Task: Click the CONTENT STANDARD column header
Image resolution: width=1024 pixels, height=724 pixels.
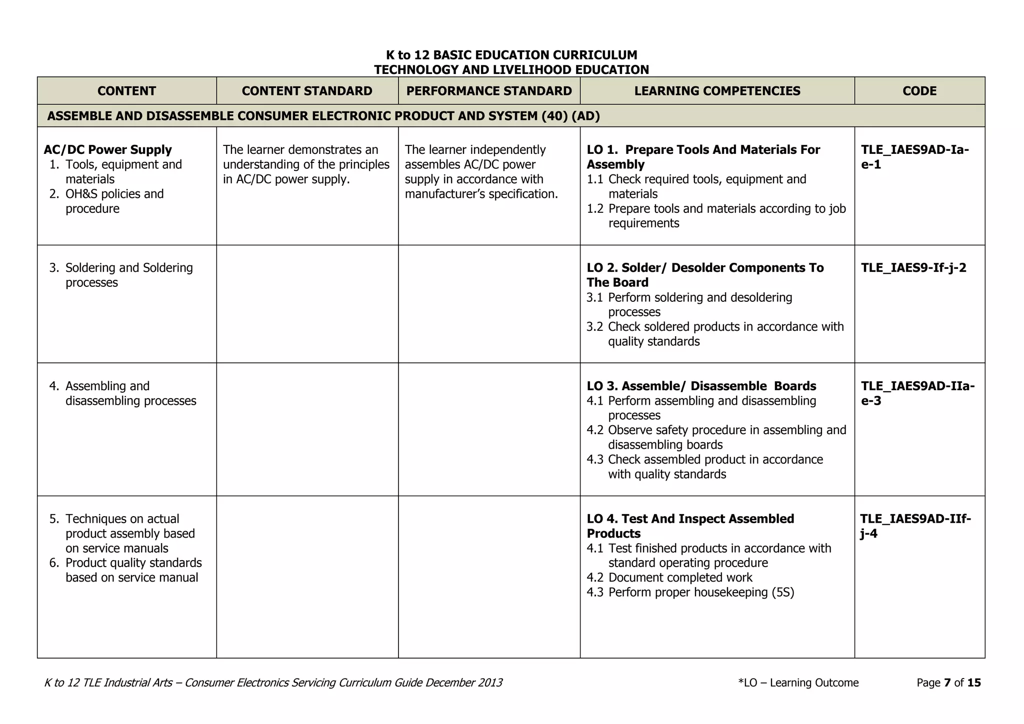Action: pyautogui.click(x=307, y=91)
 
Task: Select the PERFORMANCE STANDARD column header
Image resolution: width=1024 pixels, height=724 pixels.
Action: pyautogui.click(x=488, y=91)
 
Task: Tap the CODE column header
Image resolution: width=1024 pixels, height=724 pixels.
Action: pyautogui.click(x=919, y=91)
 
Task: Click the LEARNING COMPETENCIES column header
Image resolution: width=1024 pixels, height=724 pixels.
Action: pyautogui.click(x=717, y=91)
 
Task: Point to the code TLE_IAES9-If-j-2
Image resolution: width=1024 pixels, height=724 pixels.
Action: pyautogui.click(x=913, y=268)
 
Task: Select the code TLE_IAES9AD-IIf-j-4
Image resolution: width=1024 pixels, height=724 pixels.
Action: pyautogui.click(x=915, y=526)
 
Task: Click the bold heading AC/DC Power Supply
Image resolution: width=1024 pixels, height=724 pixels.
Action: pyautogui.click(x=107, y=150)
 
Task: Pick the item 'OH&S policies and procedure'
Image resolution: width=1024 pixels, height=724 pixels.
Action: pyautogui.click(x=114, y=201)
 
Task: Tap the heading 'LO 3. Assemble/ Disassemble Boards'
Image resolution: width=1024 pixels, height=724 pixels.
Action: pyautogui.click(x=701, y=386)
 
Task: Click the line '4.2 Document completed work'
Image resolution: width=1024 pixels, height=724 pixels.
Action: pyautogui.click(x=669, y=578)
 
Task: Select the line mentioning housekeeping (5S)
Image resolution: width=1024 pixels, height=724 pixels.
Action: pyautogui.click(x=690, y=592)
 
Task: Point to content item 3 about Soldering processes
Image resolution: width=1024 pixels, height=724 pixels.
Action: pyautogui.click(x=128, y=275)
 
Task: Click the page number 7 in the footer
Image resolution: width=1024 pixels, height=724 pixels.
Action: pyautogui.click(x=947, y=683)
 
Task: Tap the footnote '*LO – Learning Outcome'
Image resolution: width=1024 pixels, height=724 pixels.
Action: pyautogui.click(x=798, y=683)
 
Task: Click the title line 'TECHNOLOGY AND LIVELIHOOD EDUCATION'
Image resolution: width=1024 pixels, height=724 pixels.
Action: pyautogui.click(x=511, y=69)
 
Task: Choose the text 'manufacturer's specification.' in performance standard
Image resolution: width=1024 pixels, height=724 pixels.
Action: pyautogui.click(x=481, y=194)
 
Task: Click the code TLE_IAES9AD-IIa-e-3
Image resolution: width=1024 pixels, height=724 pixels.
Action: pyautogui.click(x=917, y=393)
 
